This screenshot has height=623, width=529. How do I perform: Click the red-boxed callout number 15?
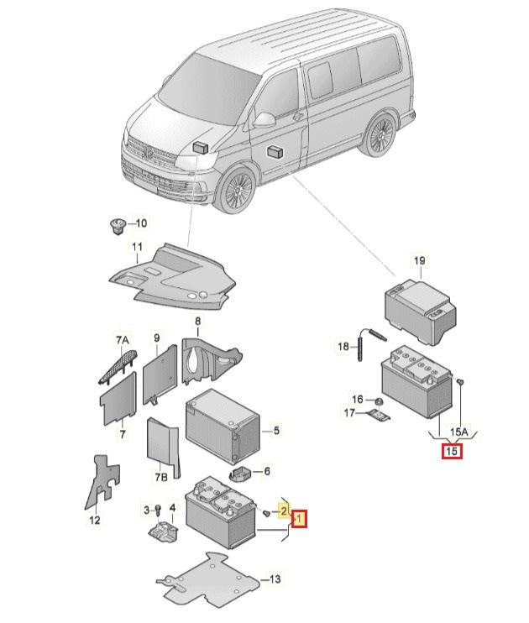452,452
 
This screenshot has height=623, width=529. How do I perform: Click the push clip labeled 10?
117,223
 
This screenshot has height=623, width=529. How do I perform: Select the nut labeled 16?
379,400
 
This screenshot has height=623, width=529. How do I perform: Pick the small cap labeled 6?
239,473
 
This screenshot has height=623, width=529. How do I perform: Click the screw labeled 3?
157,510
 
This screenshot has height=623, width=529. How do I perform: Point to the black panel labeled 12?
100,482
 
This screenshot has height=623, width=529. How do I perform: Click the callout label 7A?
123,339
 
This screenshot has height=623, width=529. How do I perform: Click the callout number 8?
198,322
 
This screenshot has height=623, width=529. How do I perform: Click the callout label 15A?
458,432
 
